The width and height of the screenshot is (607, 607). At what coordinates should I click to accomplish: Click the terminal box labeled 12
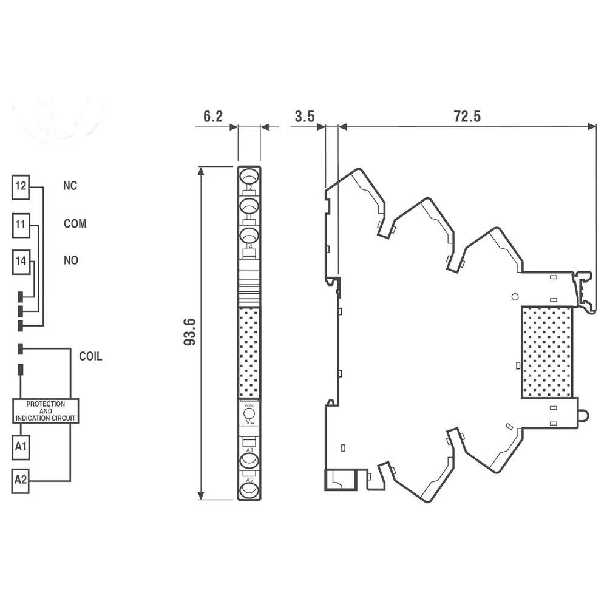(x=21, y=186)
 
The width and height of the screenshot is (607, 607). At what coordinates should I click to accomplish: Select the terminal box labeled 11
(x=21, y=225)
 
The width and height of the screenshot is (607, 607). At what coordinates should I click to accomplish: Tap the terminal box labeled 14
(x=21, y=262)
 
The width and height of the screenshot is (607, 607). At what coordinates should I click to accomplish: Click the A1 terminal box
(x=21, y=447)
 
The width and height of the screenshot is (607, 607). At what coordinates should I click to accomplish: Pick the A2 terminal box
(x=21, y=481)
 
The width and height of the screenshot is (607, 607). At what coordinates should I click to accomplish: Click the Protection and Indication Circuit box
(x=46, y=411)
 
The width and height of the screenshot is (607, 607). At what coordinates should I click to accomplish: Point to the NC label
(x=70, y=186)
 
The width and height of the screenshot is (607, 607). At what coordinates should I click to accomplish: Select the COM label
(x=75, y=224)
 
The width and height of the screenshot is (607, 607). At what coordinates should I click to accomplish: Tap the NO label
(x=71, y=260)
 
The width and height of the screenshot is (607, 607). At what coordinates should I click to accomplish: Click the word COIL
(x=90, y=356)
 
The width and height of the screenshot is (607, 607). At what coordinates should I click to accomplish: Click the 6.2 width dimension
(x=212, y=117)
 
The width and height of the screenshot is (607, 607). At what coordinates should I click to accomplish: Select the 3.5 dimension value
(x=304, y=117)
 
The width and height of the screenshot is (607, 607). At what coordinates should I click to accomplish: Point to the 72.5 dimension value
(x=467, y=117)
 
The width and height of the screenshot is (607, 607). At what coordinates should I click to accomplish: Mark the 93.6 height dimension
(x=191, y=333)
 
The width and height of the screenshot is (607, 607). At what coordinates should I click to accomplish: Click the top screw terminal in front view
(x=249, y=177)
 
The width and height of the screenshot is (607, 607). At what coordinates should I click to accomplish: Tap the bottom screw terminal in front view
(x=249, y=489)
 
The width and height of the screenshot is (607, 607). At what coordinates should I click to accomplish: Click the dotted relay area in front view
(x=249, y=353)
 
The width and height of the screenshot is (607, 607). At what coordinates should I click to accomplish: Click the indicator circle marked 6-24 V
(x=249, y=415)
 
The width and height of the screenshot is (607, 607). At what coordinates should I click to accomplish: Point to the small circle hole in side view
(x=515, y=297)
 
